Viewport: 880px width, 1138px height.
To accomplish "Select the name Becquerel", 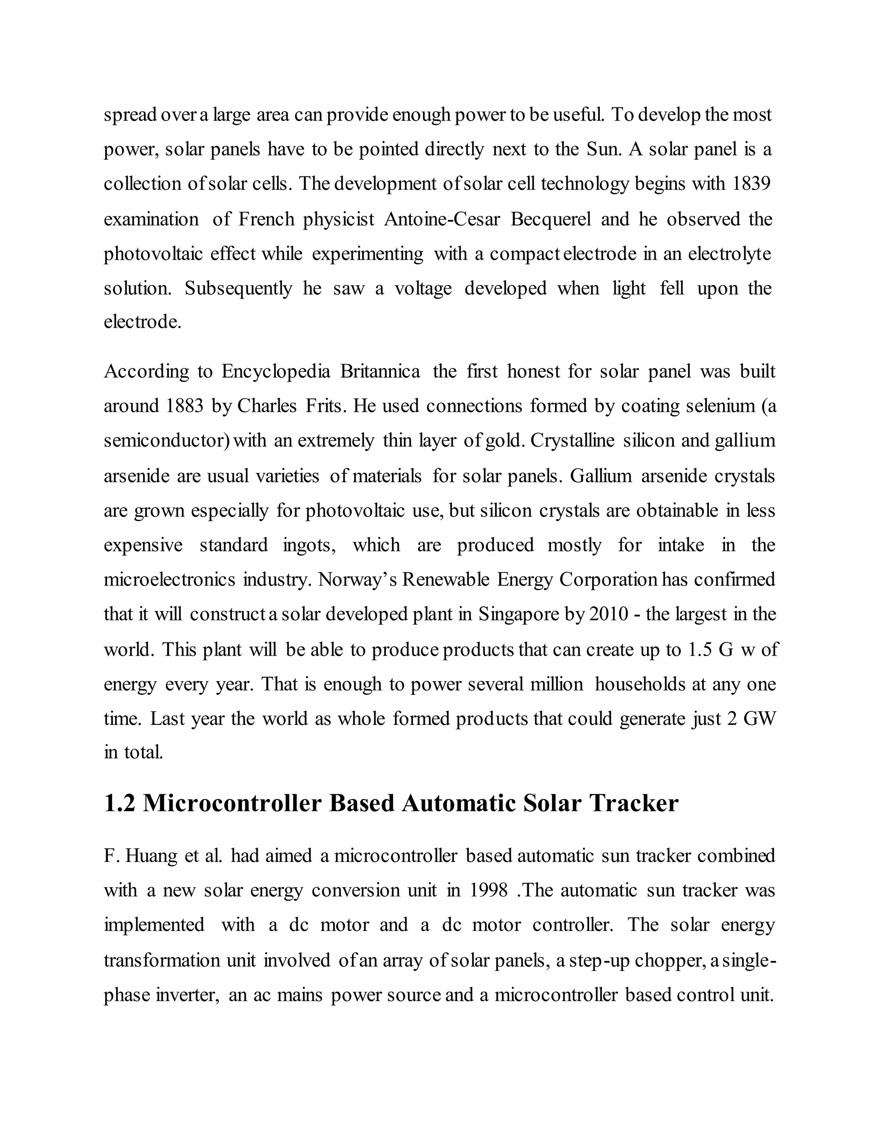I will pyautogui.click(x=550, y=219).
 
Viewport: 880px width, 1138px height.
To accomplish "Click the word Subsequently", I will pyautogui.click(x=238, y=288).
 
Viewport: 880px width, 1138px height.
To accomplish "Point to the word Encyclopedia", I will pyautogui.click(x=276, y=371).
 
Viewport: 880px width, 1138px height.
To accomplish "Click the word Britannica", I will pyautogui.click(x=380, y=371).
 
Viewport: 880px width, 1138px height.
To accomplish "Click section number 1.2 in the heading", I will pyautogui.click(x=120, y=803).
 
